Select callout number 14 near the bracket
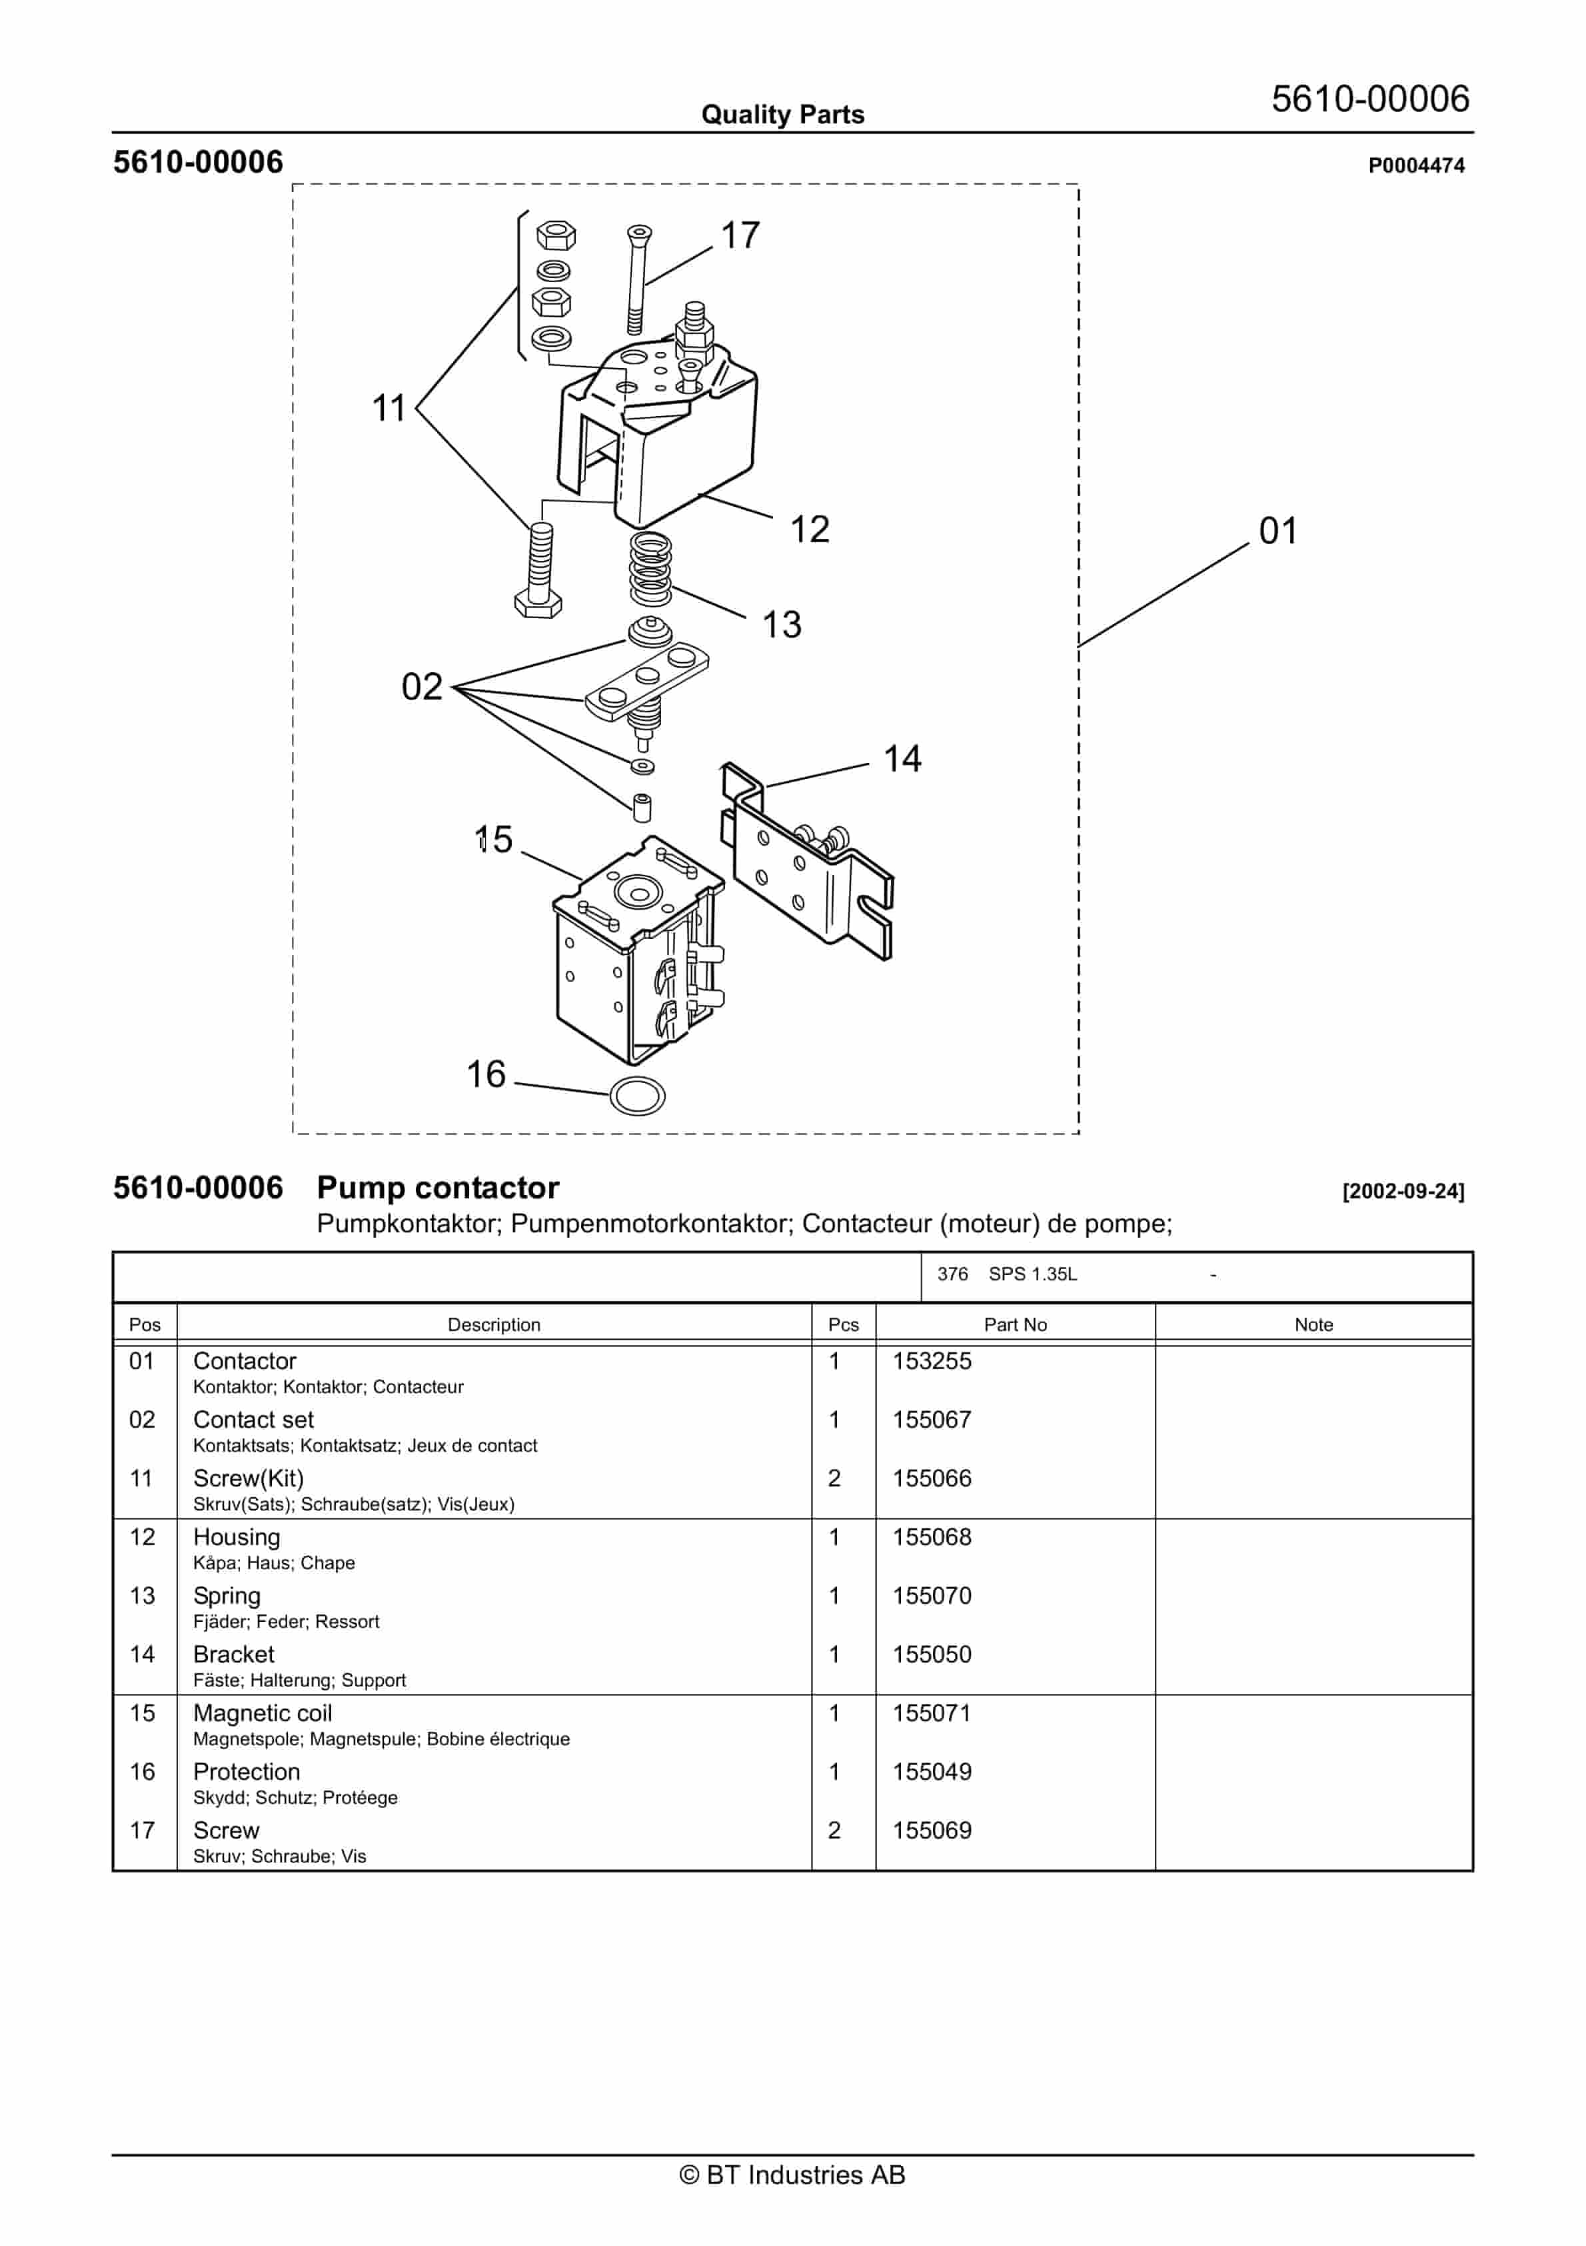[x=902, y=759]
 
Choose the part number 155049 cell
[x=931, y=1772]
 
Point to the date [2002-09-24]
[x=1402, y=1192]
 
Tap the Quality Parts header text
[x=782, y=115]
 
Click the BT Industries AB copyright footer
[x=792, y=2175]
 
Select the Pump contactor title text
[x=437, y=1188]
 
